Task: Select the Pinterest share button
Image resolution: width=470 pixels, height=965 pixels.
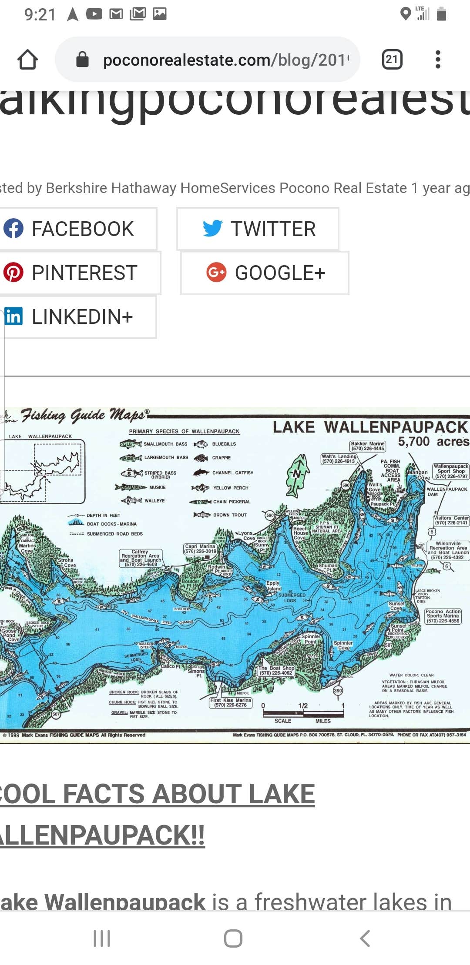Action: (78, 273)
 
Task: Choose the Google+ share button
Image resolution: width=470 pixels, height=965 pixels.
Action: (265, 273)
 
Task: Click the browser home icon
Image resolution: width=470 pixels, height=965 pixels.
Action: (27, 60)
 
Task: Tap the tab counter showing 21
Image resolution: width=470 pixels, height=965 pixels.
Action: (392, 60)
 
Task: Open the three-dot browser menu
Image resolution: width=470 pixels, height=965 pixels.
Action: (438, 60)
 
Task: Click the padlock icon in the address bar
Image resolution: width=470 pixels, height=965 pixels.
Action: (82, 60)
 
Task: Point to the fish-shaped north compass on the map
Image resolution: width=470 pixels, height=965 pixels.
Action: (298, 475)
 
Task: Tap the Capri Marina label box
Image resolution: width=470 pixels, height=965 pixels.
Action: (200, 549)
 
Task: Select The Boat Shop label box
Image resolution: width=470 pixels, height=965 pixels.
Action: (276, 670)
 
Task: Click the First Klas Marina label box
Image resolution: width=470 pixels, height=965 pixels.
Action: (231, 702)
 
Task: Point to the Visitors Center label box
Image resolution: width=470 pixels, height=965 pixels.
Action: (451, 520)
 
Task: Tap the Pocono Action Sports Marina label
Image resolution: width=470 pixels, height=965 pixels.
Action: (443, 616)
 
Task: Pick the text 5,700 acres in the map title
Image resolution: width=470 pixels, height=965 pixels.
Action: (433, 442)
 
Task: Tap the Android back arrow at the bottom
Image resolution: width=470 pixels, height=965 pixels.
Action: (365, 938)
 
